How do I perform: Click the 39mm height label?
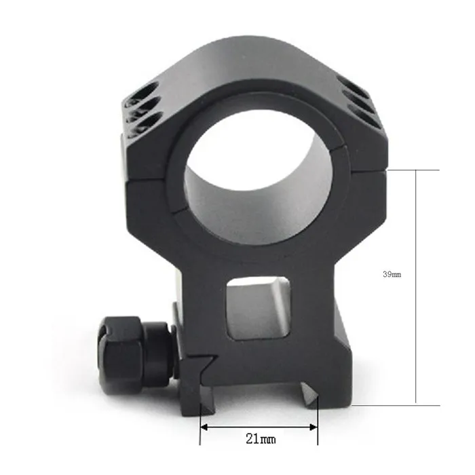392,275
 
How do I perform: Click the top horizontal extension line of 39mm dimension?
407,170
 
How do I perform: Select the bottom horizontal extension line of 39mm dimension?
400,406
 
